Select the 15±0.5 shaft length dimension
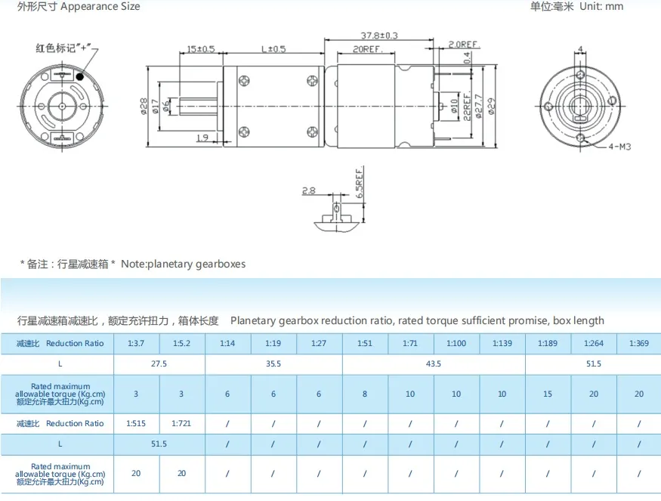[x=201, y=49]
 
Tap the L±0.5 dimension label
[x=273, y=49]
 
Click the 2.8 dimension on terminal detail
[x=308, y=191]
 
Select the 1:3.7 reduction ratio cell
[x=136, y=344]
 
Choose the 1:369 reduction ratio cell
[x=638, y=344]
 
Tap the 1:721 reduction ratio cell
[x=182, y=423]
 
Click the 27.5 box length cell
[x=159, y=364]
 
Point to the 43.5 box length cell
[x=433, y=364]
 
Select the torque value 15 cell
[x=547, y=394]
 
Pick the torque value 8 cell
[x=365, y=394]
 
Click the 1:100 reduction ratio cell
[x=456, y=344]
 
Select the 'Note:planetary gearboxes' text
[x=183, y=264]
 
